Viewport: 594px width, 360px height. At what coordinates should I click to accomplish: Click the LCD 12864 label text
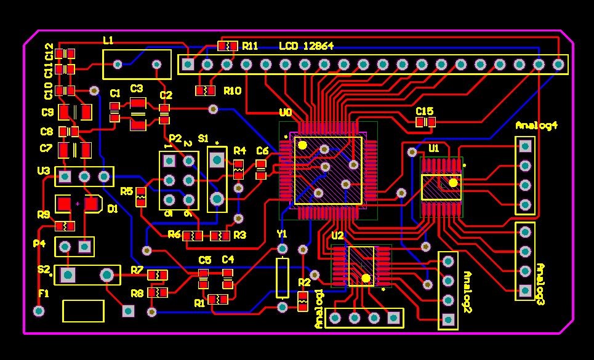point(306,46)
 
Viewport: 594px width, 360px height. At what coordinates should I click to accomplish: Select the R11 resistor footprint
point(228,46)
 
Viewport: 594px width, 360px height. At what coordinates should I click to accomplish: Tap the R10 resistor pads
point(206,91)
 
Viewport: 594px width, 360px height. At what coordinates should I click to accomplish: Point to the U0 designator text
point(286,113)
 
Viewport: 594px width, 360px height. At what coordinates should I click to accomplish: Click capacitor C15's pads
point(425,122)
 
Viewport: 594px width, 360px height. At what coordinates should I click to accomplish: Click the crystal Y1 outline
point(282,278)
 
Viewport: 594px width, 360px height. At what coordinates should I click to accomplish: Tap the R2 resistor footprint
point(302,301)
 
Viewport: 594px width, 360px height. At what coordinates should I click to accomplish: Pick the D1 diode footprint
point(79,204)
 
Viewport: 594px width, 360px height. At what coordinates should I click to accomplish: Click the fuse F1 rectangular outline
point(83,311)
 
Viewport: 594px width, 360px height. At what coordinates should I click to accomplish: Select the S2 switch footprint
point(87,274)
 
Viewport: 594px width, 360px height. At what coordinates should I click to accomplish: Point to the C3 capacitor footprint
point(138,114)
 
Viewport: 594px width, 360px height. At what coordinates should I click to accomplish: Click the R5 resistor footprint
point(141,196)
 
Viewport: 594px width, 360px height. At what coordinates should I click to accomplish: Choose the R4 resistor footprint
point(239,166)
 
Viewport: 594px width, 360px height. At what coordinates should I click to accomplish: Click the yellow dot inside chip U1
point(453,183)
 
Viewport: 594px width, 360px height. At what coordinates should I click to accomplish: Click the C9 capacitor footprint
point(75,113)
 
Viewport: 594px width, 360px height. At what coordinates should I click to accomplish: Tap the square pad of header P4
point(85,247)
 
